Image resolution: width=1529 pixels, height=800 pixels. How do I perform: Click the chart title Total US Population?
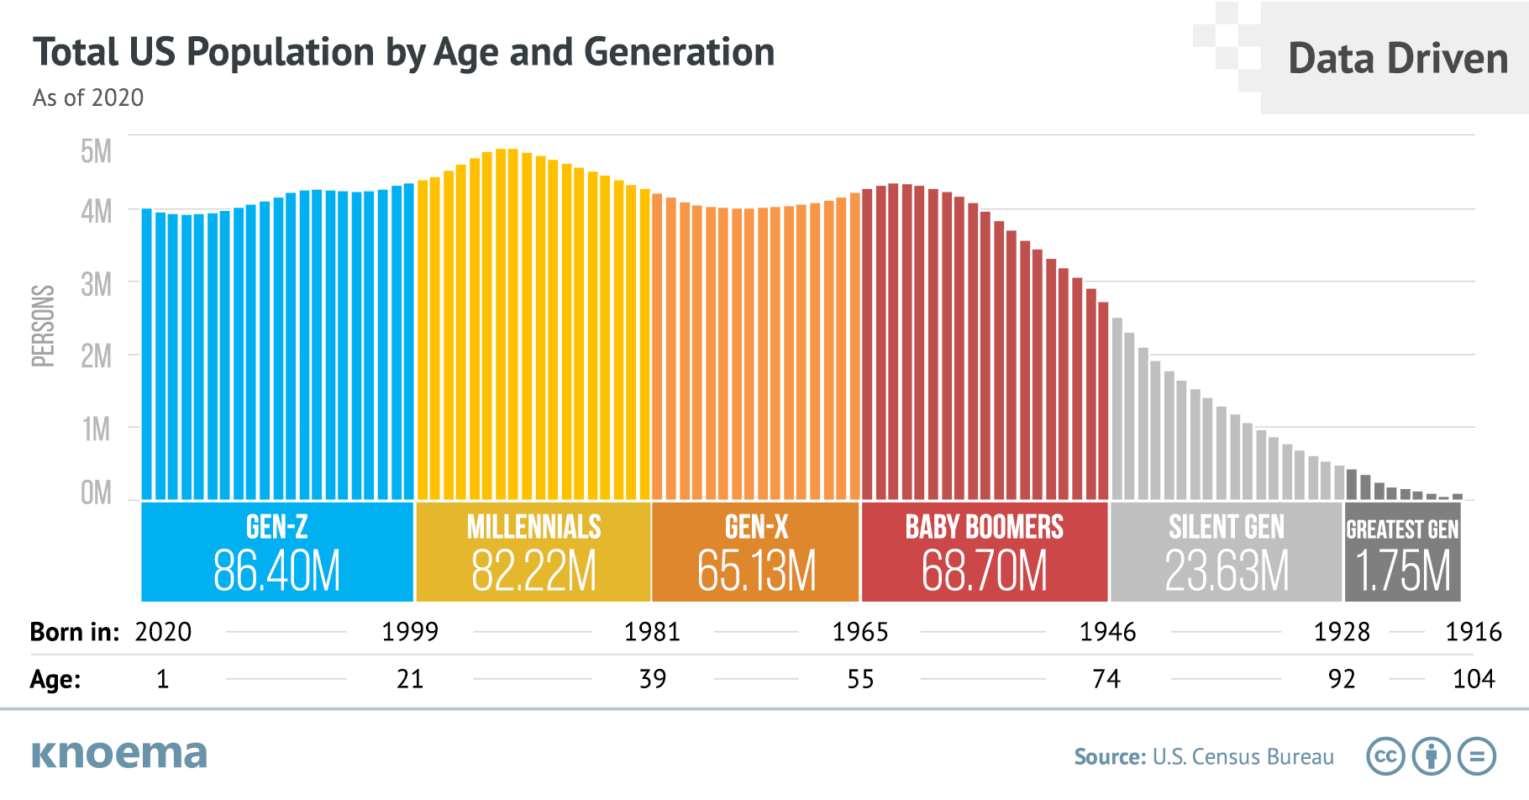point(403,53)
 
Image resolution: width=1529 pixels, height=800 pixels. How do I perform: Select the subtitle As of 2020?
point(88,98)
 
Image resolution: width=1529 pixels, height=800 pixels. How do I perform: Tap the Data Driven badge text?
point(1398,59)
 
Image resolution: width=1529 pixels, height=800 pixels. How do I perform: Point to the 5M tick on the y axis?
point(97,152)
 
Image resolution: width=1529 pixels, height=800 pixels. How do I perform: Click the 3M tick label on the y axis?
point(97,286)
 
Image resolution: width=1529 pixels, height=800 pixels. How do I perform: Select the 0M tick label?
point(97,493)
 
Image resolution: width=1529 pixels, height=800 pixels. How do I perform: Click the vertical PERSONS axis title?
point(43,326)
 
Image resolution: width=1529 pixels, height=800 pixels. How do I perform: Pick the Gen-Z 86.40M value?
point(277,572)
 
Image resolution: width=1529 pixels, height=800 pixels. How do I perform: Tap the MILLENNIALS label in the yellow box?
point(534,528)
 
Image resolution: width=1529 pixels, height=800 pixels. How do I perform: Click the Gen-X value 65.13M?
point(756,572)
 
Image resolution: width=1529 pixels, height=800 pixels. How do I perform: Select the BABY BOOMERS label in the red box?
point(985,528)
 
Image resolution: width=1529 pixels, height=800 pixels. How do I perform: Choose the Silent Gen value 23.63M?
point(1227,572)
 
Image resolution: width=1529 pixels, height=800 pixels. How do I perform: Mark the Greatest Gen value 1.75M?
point(1403,572)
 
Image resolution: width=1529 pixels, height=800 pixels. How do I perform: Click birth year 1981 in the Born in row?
point(652,632)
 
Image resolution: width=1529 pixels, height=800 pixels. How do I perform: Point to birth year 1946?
point(1107,632)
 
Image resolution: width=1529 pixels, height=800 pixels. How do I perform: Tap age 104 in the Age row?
point(1474,679)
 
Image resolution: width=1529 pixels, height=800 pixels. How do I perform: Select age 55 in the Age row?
point(860,679)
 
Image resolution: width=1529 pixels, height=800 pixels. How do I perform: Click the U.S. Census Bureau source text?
point(1243,757)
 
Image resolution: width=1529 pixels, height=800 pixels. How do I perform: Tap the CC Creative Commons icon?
point(1385,756)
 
